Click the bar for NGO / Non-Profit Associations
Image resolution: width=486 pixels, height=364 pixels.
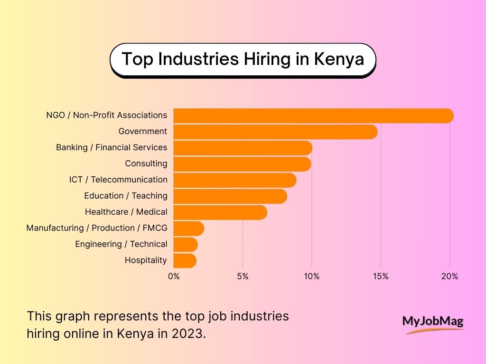(x=313, y=116)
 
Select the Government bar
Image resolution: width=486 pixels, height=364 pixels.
(x=275, y=132)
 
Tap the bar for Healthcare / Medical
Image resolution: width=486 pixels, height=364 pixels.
(x=220, y=212)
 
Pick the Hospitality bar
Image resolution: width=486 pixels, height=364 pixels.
(x=185, y=261)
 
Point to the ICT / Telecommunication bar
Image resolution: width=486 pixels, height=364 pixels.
(x=235, y=180)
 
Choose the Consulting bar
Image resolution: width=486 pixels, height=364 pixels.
(x=242, y=164)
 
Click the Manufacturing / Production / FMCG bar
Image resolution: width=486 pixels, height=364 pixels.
(x=188, y=228)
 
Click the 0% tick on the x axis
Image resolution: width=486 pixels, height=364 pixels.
(x=174, y=276)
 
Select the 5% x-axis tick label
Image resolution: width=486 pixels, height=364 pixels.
(x=243, y=276)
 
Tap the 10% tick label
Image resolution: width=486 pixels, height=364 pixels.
(x=311, y=276)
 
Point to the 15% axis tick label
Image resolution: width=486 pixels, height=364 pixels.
(x=380, y=276)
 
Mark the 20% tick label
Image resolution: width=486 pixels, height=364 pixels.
(x=449, y=276)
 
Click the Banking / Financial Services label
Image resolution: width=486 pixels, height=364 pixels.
(x=112, y=147)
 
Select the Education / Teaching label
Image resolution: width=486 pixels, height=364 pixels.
(x=126, y=196)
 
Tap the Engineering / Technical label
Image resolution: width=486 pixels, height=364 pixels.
(x=121, y=244)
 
